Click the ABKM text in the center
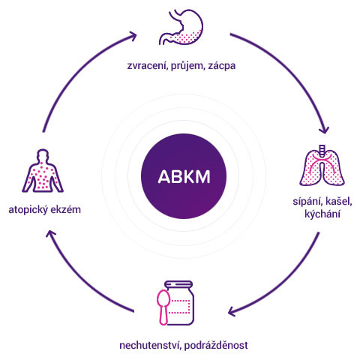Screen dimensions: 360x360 point(184,177)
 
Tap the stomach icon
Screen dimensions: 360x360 point(181,27)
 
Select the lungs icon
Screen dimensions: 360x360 point(322,166)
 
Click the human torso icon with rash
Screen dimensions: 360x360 point(43,171)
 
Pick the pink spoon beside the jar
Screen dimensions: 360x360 point(163,307)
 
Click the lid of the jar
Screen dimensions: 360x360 point(178,285)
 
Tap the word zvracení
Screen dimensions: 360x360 point(147,66)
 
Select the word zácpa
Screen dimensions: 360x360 point(222,66)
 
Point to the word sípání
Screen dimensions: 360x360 point(307,202)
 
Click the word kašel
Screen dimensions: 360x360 point(339,202)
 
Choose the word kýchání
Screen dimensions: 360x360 point(322,214)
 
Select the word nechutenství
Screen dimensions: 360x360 point(151,345)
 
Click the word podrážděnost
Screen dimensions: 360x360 point(217,346)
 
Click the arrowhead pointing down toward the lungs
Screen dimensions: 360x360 point(324,130)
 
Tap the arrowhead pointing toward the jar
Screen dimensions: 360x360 point(232,311)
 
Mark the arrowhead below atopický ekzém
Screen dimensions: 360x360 point(52,235)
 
